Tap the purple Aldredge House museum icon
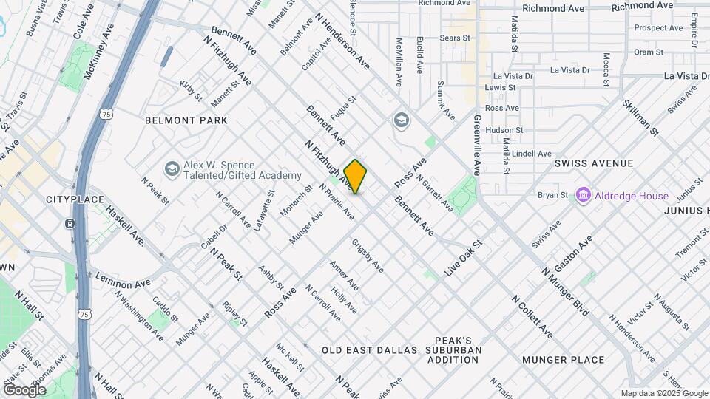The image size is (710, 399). point(584,196)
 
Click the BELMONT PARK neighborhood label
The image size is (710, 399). point(186,120)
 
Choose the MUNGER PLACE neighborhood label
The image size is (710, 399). point(563,360)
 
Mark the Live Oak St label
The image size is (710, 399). point(463,259)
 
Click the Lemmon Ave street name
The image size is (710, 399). point(123,282)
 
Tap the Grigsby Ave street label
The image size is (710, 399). point(368,255)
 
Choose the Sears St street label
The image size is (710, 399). point(455,38)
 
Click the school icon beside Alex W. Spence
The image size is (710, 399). point(172,170)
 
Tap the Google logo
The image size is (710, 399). point(24,390)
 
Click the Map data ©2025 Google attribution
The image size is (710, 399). point(663,393)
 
